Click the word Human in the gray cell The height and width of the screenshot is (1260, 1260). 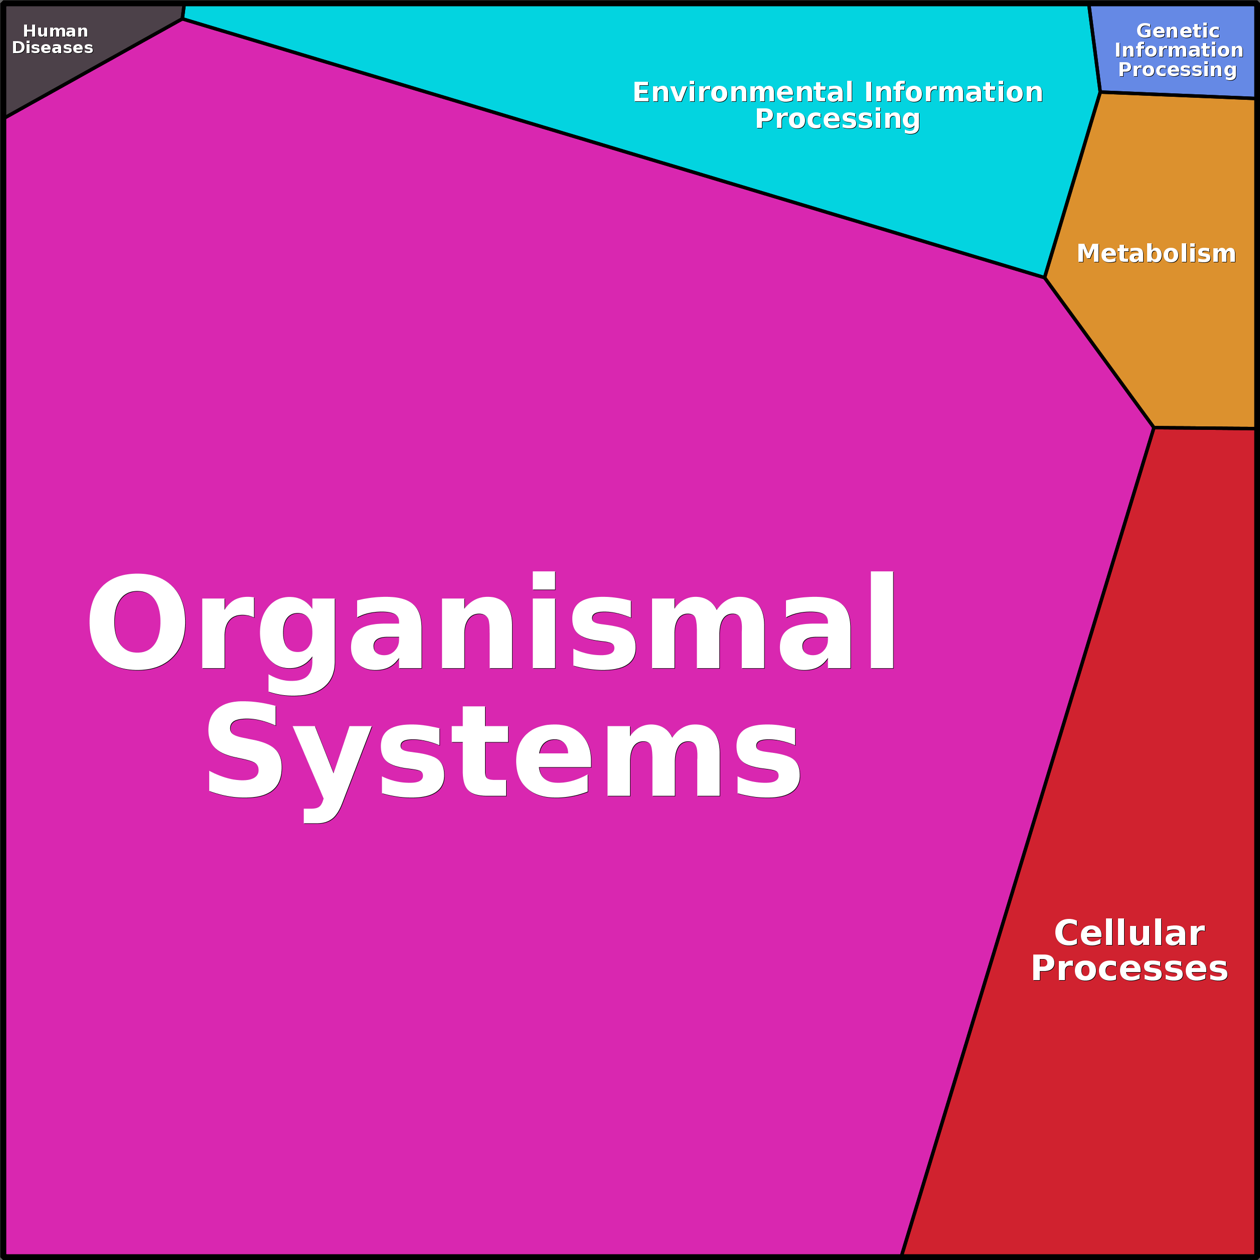(56, 31)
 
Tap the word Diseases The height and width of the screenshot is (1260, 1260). (53, 48)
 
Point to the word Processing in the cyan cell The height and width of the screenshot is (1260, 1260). (837, 119)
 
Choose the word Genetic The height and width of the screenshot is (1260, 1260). (1178, 31)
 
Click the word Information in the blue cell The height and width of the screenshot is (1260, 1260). (1179, 50)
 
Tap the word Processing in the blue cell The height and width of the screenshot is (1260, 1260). (1178, 70)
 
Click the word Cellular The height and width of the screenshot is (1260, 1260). (1130, 933)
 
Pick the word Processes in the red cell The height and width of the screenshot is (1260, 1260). (1130, 969)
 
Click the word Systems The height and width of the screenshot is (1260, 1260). (504, 762)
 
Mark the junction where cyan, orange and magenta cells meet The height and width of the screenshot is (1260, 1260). (1045, 278)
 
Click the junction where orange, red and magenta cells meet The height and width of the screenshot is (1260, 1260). (1154, 428)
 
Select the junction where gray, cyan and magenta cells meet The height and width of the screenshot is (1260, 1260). (183, 19)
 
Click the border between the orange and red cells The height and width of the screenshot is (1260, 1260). (1204, 428)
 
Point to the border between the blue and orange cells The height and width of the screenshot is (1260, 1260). (1178, 96)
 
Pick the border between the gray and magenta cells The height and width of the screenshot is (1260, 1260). (94, 69)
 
